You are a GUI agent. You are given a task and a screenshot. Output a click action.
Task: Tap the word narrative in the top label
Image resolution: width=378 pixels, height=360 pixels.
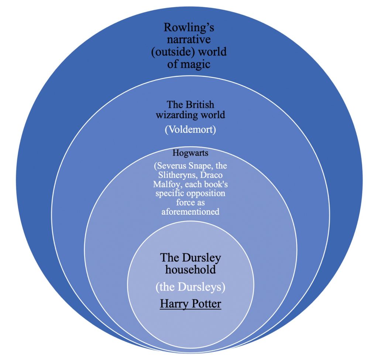190,39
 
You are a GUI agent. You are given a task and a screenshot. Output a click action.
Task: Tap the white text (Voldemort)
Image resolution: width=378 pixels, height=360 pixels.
190,130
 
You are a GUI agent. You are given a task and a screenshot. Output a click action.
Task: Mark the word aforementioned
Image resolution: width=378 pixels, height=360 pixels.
190,212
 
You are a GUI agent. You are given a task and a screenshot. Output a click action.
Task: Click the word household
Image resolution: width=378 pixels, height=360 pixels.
190,269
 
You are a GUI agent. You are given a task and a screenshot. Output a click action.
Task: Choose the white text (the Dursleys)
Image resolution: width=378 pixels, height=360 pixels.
190,287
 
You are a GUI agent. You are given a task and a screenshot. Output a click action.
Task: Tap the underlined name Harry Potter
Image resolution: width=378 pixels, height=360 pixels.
190,304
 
